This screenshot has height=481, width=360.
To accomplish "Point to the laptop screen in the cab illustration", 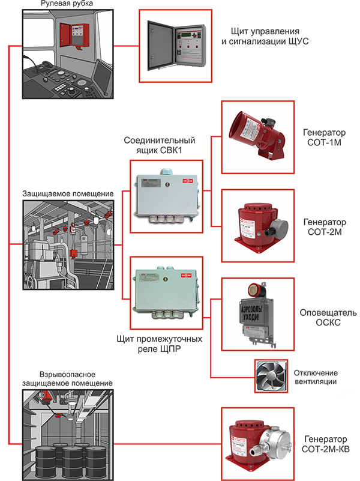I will pos(101,76).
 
